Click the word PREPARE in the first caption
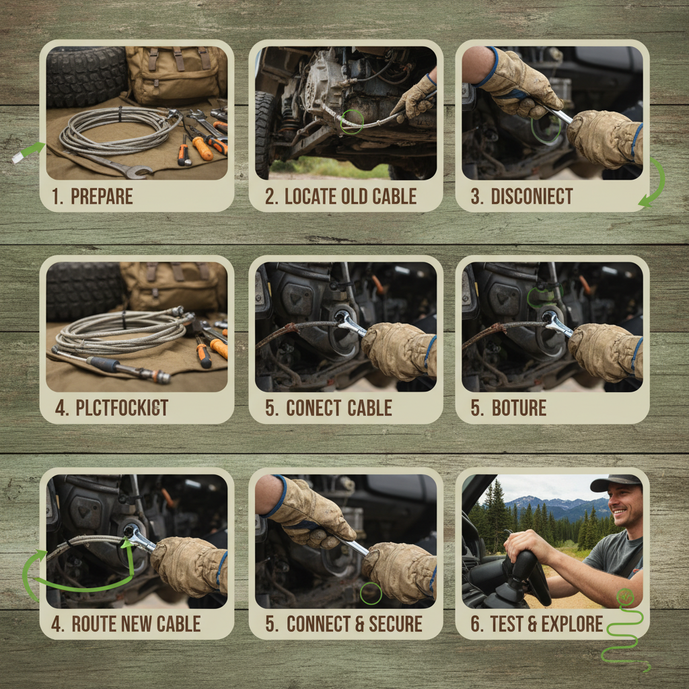click(102, 196)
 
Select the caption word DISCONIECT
click(532, 196)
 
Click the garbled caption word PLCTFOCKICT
click(122, 408)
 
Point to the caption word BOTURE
click(519, 408)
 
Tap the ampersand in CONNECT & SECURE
click(355, 624)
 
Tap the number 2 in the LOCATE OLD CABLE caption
click(270, 196)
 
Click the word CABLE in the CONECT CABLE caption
click(369, 408)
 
